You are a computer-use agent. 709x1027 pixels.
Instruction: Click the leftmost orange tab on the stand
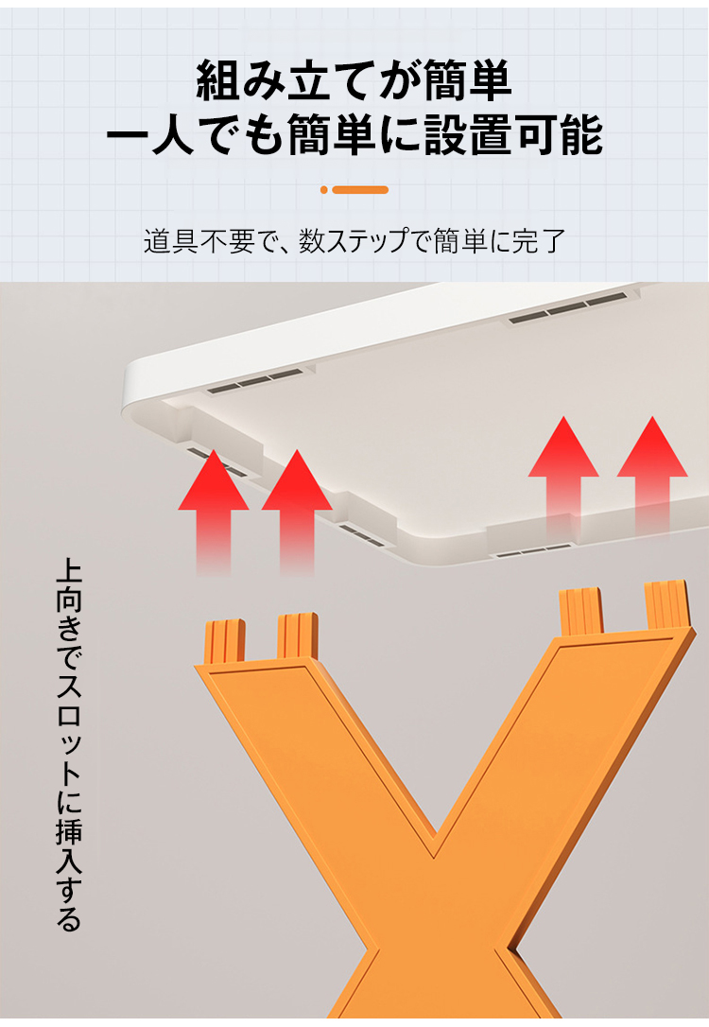pos(225,640)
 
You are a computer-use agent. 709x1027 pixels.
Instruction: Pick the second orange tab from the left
pos(297,635)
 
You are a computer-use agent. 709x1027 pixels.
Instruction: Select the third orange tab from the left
pos(581,611)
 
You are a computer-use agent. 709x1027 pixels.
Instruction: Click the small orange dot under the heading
pos(324,190)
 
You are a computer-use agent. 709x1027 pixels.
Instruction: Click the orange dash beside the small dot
pos(360,190)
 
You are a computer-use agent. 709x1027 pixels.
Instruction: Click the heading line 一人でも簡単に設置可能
pos(354,137)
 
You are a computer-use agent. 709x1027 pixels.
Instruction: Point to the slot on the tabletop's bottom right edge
pos(533,549)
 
